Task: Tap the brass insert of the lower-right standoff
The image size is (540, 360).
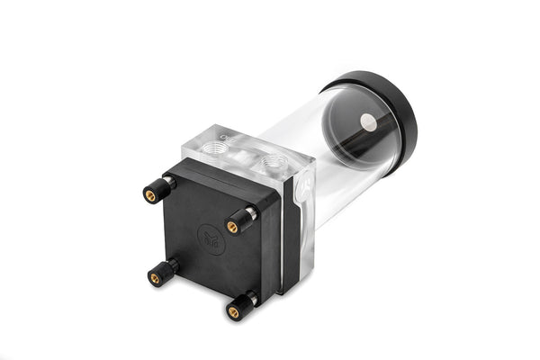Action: click(x=233, y=312)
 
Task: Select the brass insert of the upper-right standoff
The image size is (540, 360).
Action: click(x=232, y=227)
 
